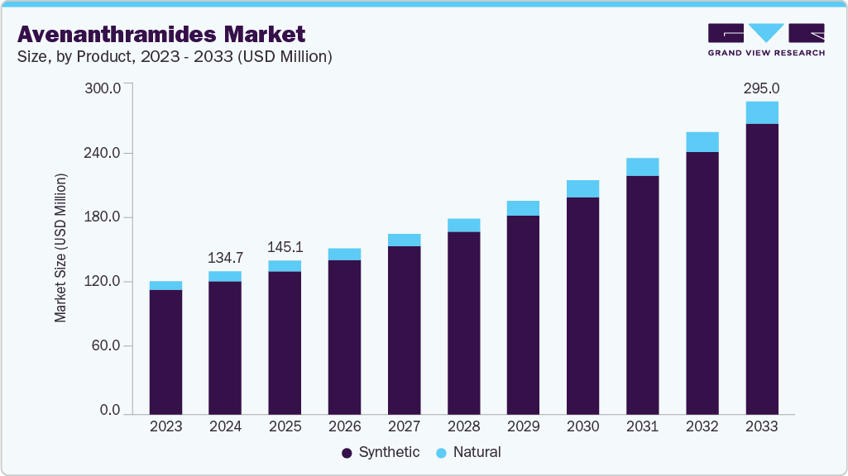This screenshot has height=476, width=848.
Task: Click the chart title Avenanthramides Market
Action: [161, 34]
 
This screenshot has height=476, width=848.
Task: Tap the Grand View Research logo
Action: [766, 39]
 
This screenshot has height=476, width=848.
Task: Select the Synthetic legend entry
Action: [381, 452]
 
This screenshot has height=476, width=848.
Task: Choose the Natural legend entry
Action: [468, 452]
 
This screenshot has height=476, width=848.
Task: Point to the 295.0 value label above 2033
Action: [761, 88]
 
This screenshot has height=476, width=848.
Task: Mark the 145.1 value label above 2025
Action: [285, 246]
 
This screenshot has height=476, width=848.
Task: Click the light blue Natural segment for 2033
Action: [761, 112]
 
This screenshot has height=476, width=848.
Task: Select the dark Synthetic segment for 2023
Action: [165, 351]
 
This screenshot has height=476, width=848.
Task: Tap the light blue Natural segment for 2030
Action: [582, 188]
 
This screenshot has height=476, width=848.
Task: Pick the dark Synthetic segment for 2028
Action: [463, 322]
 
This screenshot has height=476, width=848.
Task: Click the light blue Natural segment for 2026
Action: [344, 255]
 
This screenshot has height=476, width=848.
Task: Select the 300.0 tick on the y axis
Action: [103, 88]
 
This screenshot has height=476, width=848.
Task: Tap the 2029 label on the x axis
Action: [523, 426]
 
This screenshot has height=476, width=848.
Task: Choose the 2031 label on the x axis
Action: [642, 426]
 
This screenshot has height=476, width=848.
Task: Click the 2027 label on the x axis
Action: [404, 426]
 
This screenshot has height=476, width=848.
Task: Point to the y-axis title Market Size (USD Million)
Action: [61, 248]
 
